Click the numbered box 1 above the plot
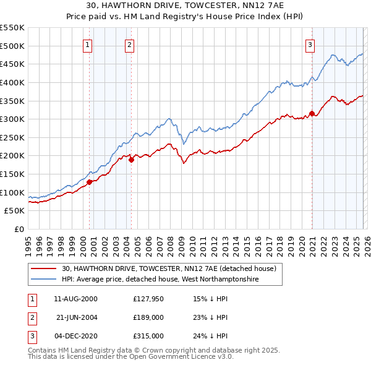pyautogui.click(x=88, y=45)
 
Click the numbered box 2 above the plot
pyautogui.click(x=129, y=45)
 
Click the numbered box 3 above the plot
pyautogui.click(x=310, y=45)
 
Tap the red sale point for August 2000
pyautogui.click(x=89, y=182)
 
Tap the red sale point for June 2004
pyautogui.click(x=131, y=160)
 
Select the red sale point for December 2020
pyautogui.click(x=312, y=113)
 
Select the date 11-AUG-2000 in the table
pyautogui.click(x=75, y=299)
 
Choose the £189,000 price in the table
pyautogui.click(x=148, y=317)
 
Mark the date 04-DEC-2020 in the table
pyautogui.click(x=75, y=336)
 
